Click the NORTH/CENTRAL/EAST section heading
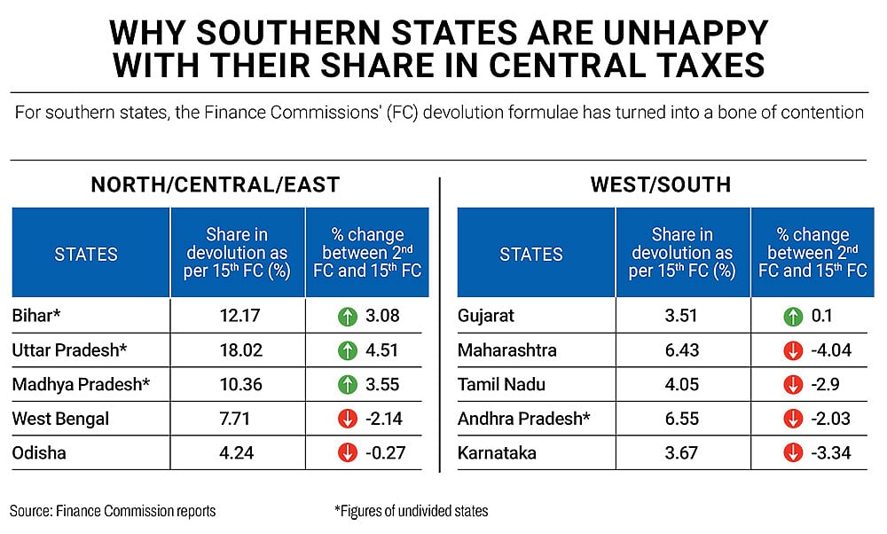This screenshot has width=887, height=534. (x=216, y=185)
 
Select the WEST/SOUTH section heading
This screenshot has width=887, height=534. (x=661, y=185)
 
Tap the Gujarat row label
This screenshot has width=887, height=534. (x=486, y=315)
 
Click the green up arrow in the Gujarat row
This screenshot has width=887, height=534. (x=791, y=315)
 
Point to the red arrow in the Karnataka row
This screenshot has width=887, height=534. (x=791, y=453)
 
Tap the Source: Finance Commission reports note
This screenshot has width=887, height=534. (x=113, y=510)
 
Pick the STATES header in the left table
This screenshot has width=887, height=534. (x=86, y=255)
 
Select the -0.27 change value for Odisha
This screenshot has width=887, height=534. (x=384, y=453)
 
